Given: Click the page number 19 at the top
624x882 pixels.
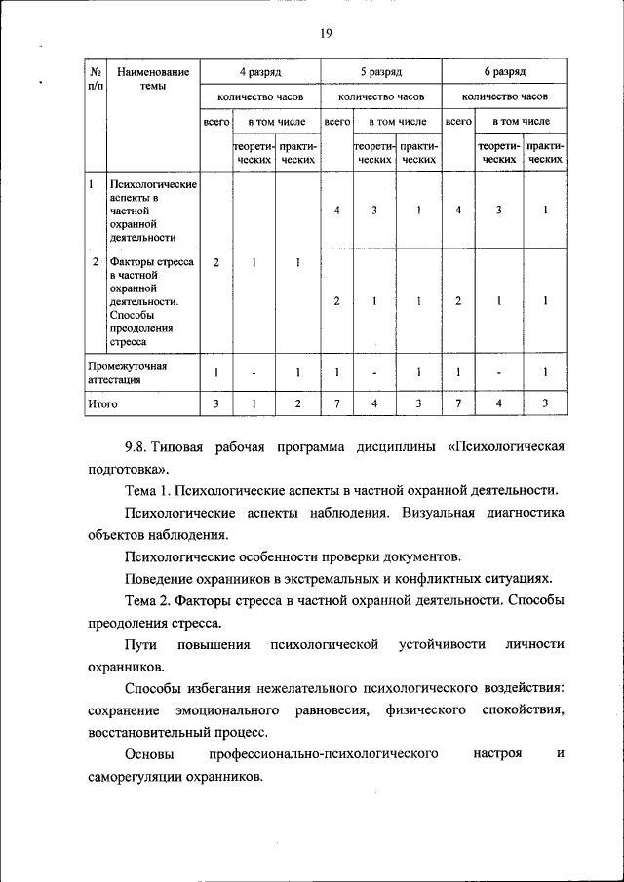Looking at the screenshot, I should tap(326, 35).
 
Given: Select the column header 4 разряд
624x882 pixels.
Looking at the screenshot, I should tap(260, 72).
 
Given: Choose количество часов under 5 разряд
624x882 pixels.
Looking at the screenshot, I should tap(381, 96).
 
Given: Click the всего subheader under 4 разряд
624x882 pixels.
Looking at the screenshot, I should tap(215, 122).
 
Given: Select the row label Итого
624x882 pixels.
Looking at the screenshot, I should tap(101, 403).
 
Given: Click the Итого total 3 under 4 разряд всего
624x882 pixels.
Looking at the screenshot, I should tap(215, 403).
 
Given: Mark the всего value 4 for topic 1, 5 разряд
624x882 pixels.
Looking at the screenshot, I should tap(336, 210).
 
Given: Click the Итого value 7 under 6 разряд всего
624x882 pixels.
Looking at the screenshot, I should tap(457, 403).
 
